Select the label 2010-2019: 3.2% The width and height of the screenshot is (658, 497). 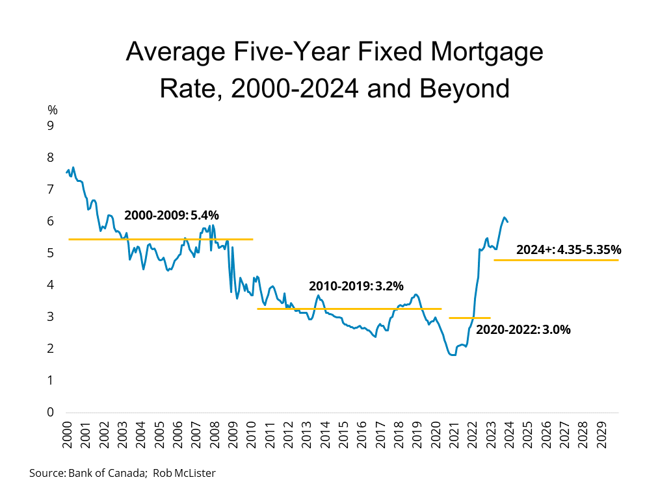pyautogui.click(x=356, y=286)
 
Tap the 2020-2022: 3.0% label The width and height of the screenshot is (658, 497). pyautogui.click(x=523, y=329)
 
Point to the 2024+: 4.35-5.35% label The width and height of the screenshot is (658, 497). pyautogui.click(x=569, y=249)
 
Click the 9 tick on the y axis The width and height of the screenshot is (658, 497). pyautogui.click(x=49, y=125)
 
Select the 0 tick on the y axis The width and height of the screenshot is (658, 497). pyautogui.click(x=49, y=413)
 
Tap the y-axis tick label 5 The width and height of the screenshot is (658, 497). pyautogui.click(x=49, y=253)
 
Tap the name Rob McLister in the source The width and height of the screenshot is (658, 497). pyautogui.click(x=184, y=473)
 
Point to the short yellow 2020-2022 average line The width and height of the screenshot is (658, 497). pyautogui.click(x=469, y=318)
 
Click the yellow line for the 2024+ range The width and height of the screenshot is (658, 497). pyautogui.click(x=556, y=260)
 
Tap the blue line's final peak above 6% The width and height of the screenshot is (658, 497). pyautogui.click(x=504, y=218)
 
